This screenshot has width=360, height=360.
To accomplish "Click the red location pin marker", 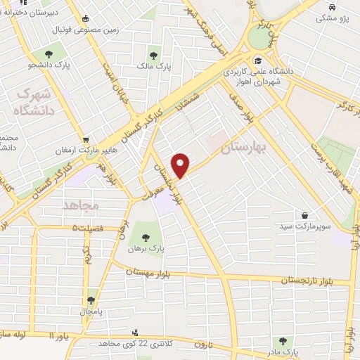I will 181,164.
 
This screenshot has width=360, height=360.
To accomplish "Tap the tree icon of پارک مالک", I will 154,55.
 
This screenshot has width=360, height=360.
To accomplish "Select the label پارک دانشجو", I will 49,66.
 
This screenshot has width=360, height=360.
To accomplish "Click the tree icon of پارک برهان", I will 146,236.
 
